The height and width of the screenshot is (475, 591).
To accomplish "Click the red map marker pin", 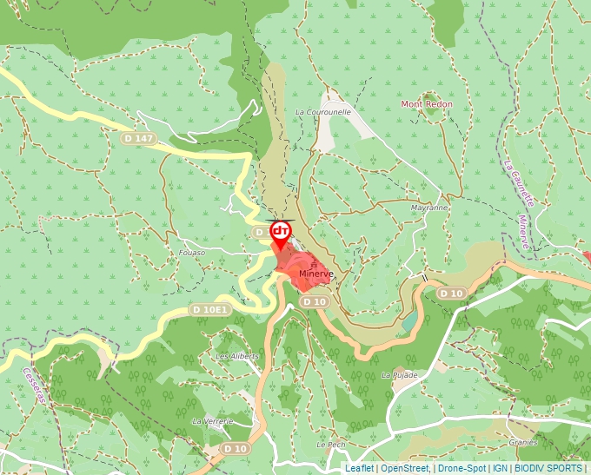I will [281, 232].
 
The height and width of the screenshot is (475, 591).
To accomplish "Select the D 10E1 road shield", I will [209, 309].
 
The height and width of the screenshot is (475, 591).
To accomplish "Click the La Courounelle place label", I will [323, 112].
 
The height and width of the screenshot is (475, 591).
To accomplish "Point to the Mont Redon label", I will [427, 104].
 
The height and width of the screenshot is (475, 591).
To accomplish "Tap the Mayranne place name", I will [429, 208].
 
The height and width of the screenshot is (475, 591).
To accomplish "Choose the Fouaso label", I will [191, 253].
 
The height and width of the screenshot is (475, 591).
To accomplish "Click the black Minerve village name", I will [315, 274].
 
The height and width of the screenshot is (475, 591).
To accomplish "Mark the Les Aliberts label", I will [237, 357].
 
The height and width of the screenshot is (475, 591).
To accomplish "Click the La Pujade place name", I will [400, 375].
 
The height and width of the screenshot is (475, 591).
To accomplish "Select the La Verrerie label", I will [212, 420].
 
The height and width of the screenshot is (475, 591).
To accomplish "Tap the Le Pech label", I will [330, 444].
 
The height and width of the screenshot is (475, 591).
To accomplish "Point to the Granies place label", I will [523, 441].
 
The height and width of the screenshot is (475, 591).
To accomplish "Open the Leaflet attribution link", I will [359, 468].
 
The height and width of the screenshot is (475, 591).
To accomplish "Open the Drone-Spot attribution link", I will [462, 468].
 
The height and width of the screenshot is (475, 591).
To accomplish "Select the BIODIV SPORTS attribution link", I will [548, 468].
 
